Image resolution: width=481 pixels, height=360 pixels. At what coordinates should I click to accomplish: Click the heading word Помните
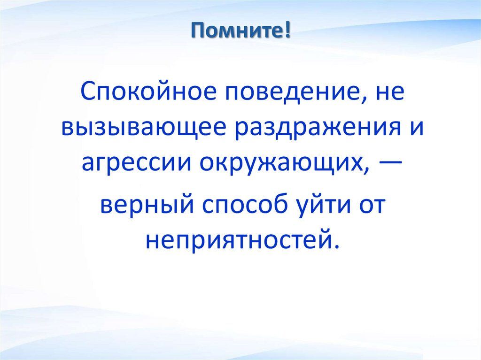(x=237, y=33)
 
